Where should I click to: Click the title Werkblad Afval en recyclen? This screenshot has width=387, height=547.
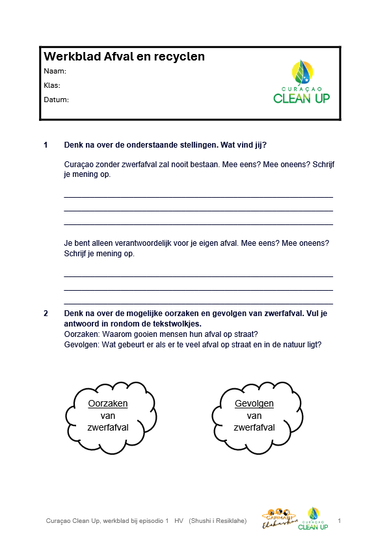(x=124, y=57)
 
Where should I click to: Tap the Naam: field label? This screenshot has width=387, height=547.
(x=55, y=71)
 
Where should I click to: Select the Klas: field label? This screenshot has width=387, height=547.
(x=52, y=85)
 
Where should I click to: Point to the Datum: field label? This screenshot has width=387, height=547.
(x=56, y=100)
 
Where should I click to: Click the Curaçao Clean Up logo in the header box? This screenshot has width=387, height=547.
(x=301, y=82)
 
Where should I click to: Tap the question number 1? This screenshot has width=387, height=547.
(x=46, y=144)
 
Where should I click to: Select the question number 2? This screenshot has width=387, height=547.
(x=46, y=314)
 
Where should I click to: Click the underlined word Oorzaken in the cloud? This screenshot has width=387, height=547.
(x=108, y=403)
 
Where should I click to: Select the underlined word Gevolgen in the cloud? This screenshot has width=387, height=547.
(x=254, y=403)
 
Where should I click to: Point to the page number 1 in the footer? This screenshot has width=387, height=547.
(x=340, y=521)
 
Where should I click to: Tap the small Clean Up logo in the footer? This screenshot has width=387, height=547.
(x=313, y=518)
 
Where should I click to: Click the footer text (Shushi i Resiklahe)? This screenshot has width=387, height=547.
(x=218, y=522)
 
